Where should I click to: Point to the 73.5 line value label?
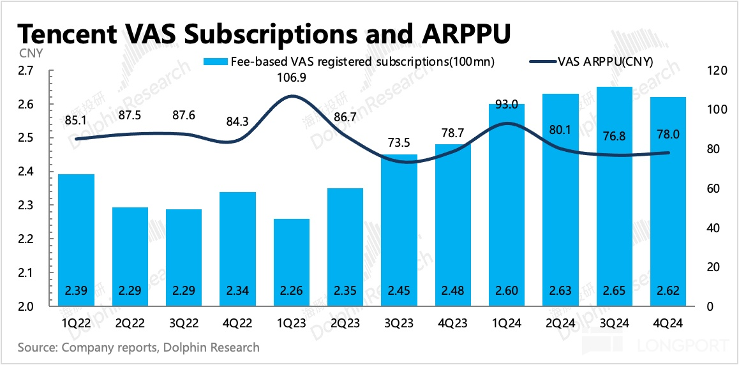[x=399, y=143]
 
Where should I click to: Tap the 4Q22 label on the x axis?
[x=238, y=324]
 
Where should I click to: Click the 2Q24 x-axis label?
[x=561, y=324]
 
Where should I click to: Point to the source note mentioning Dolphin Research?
[x=138, y=348]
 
